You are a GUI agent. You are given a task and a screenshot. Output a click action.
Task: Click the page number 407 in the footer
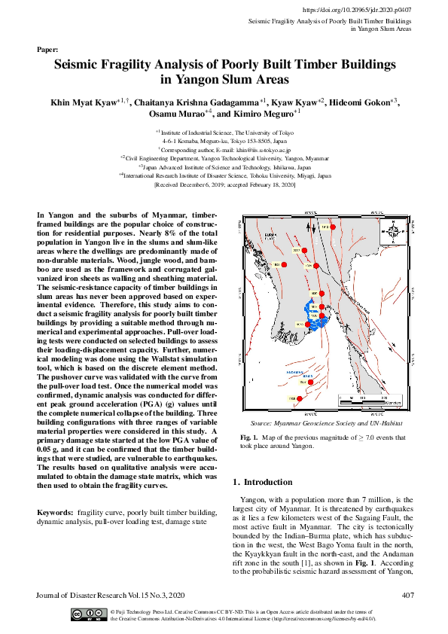tap(407, 596)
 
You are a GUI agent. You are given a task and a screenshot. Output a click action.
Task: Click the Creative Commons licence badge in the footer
tap(87, 614)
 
